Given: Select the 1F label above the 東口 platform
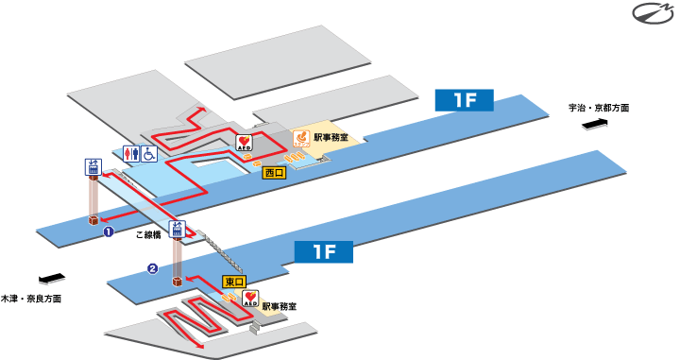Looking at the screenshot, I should point(323,251).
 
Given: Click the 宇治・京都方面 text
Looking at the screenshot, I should point(599,109).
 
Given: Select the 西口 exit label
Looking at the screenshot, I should point(274,173).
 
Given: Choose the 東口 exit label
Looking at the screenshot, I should point(233,282).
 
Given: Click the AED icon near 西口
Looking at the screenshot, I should point(243,145).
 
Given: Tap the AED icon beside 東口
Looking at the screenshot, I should point(250,299).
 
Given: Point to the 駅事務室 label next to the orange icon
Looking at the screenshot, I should point(331,138).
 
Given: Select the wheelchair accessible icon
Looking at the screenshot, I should point(149,153).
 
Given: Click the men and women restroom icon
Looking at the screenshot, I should point(131,153).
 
